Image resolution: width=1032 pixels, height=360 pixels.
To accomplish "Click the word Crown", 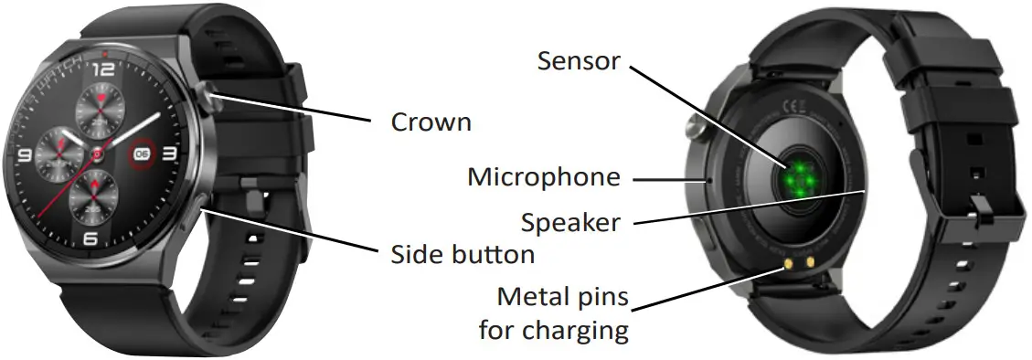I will point(431,122).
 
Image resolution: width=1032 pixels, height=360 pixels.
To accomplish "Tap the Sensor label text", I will point(578,61).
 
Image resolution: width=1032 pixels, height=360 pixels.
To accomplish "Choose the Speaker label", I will point(570,221).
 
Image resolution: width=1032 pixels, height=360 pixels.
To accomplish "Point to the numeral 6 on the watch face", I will point(90,238).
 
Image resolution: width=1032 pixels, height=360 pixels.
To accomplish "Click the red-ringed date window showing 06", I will point(142,154).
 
